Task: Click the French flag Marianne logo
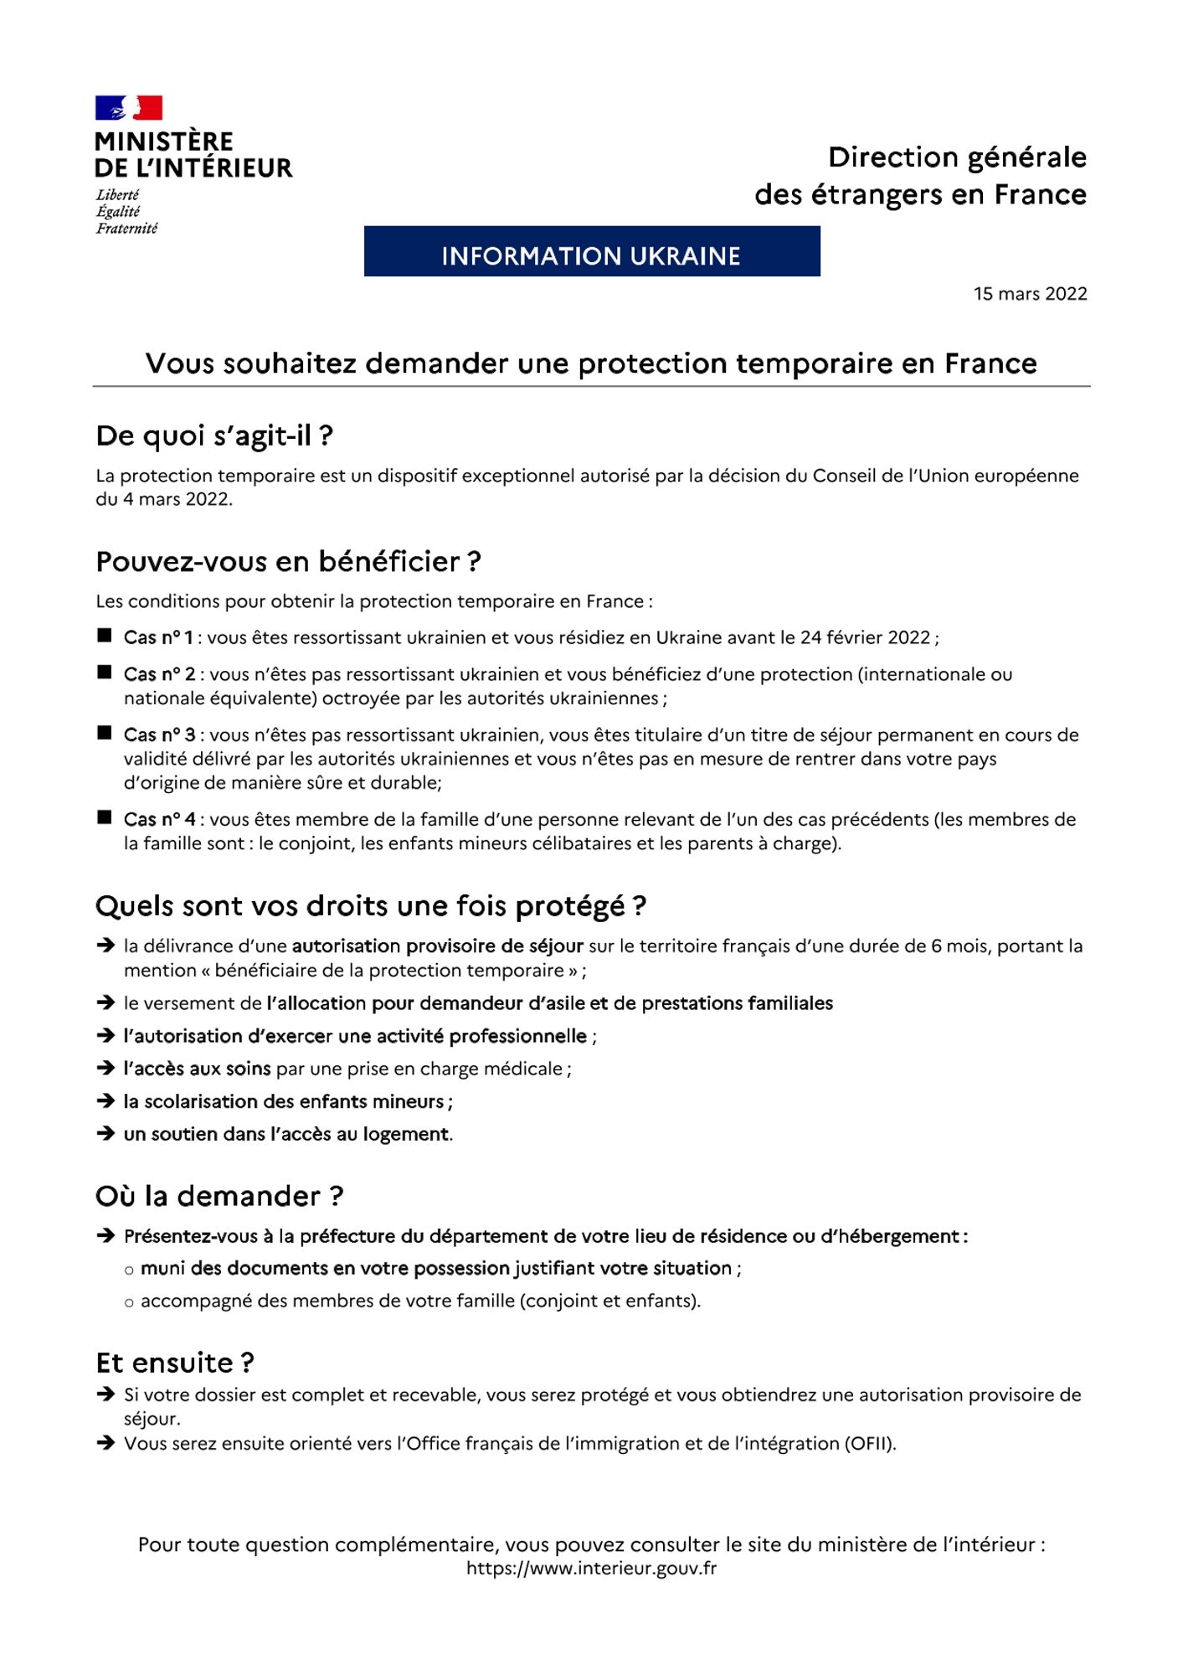[x=128, y=108]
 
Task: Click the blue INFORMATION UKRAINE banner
[x=591, y=251]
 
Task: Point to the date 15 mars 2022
[x=1030, y=294]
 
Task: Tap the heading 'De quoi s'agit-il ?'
[x=214, y=436]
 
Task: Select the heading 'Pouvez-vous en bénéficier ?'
[x=288, y=562]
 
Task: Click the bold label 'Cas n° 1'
[x=158, y=638]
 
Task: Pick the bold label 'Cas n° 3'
[x=159, y=735]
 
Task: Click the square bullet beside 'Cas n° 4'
[x=105, y=818]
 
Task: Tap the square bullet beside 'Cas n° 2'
[x=105, y=673]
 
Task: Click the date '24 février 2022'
[x=865, y=638]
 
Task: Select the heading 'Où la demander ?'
[x=219, y=1197]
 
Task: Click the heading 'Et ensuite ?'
[x=175, y=1363]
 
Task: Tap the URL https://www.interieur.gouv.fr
[x=591, y=1569]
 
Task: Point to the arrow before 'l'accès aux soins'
[x=105, y=1069]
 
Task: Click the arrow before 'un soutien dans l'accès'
[x=105, y=1134]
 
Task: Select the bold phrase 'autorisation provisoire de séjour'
[x=437, y=946]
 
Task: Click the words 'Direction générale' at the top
[x=957, y=157]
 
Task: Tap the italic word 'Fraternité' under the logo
[x=126, y=229]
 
